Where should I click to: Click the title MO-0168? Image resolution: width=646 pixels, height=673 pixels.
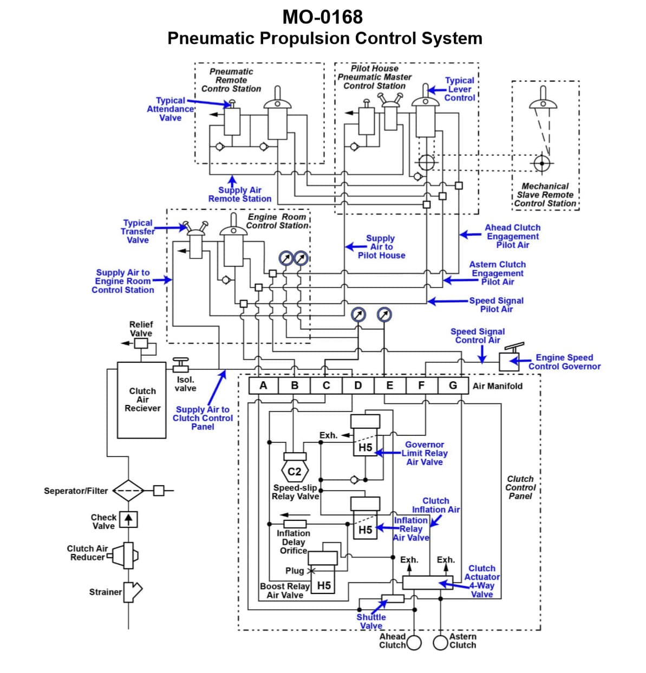click(x=323, y=17)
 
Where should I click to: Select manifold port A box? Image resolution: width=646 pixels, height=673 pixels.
click(x=263, y=385)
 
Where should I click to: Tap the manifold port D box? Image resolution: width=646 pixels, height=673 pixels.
click(x=358, y=385)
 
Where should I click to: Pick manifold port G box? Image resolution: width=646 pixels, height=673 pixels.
click(x=453, y=385)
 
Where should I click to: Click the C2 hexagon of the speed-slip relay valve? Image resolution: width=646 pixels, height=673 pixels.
click(x=295, y=472)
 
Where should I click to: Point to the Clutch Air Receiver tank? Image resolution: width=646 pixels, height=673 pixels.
click(x=142, y=400)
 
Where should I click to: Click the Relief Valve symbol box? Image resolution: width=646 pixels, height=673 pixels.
click(x=141, y=343)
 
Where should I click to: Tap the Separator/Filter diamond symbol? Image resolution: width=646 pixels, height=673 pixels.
click(x=128, y=491)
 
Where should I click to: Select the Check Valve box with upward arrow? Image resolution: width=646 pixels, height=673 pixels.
click(x=128, y=519)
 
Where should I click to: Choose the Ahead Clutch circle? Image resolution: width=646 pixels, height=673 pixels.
click(x=414, y=643)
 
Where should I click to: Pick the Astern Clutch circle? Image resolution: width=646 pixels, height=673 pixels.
click(x=441, y=643)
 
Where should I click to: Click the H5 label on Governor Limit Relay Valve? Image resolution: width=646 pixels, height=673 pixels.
click(x=366, y=448)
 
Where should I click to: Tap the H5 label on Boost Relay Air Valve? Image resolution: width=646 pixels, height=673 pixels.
click(x=324, y=585)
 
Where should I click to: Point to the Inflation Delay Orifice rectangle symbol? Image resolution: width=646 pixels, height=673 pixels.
click(x=295, y=524)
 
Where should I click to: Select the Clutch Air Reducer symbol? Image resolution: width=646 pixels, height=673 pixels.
click(x=127, y=555)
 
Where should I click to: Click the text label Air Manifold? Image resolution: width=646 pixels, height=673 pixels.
click(x=497, y=386)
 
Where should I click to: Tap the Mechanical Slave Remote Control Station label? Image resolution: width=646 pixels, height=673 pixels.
click(x=545, y=195)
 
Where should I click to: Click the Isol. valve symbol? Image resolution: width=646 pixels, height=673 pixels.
click(x=180, y=365)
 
